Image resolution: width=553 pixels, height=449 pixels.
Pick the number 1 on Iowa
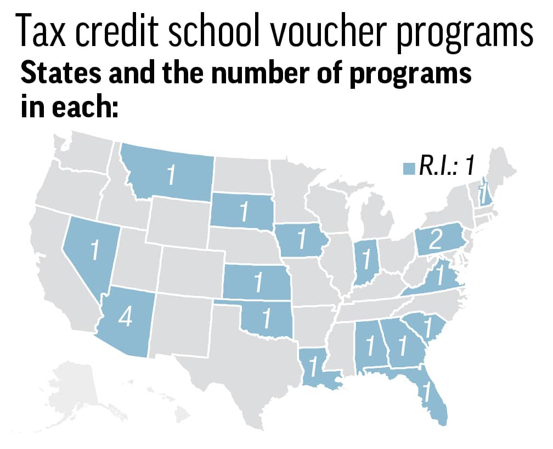[x=301, y=240]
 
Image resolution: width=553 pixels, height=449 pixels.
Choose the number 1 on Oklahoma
[x=266, y=319]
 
